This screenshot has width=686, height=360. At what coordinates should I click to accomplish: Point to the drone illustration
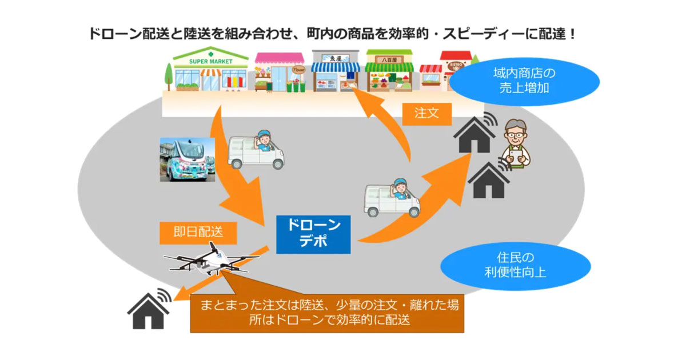click(209, 260)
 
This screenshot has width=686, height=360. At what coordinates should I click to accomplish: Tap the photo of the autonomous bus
click(187, 159)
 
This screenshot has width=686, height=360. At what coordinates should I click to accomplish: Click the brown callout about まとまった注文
click(326, 312)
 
